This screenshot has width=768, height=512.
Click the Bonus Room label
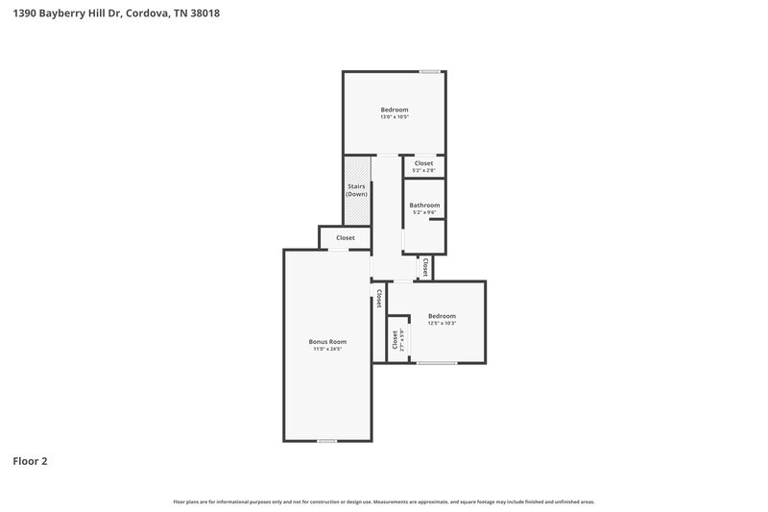(x=327, y=342)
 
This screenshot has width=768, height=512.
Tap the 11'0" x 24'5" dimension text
(x=327, y=349)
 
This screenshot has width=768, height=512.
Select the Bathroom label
(x=424, y=206)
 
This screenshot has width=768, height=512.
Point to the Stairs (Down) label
(x=357, y=190)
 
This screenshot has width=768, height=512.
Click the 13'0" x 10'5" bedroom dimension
(x=395, y=117)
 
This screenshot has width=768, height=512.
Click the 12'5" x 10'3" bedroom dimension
(x=442, y=323)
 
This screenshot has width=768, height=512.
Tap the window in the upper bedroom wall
(x=430, y=71)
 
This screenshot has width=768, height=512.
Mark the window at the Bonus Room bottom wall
(x=327, y=440)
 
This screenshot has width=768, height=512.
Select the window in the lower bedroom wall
(x=436, y=362)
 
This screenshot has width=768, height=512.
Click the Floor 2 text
(x=30, y=461)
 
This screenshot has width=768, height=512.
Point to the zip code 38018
(x=205, y=13)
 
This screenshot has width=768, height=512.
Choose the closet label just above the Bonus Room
(x=345, y=237)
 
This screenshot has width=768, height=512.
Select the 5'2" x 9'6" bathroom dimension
(x=424, y=212)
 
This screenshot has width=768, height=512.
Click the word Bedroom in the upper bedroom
(x=395, y=110)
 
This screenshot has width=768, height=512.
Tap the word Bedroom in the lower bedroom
(x=442, y=316)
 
